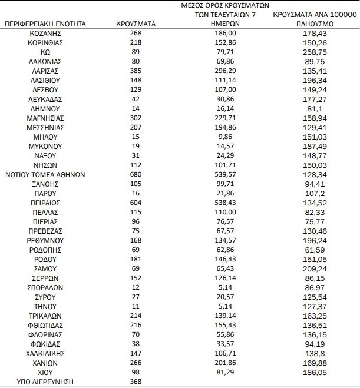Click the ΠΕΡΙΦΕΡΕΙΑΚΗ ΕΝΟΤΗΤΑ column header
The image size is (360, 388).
[45, 24]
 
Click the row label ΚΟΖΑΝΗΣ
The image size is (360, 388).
[45, 34]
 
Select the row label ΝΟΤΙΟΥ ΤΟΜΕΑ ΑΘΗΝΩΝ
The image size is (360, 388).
[45, 175]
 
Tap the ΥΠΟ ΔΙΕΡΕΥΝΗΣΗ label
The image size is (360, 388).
[45, 382]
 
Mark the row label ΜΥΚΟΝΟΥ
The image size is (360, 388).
[45, 145]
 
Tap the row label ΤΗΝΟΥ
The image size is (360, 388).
[45, 306]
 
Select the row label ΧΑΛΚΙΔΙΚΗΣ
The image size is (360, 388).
[45, 353]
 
